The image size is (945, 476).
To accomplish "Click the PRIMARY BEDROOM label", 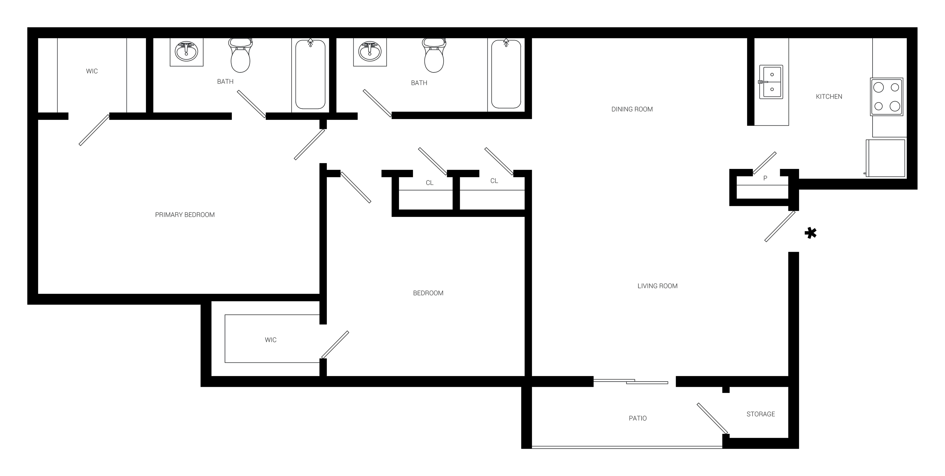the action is click(185, 215).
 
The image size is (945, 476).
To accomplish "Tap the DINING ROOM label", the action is click(632, 109).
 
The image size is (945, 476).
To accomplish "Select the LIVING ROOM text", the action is click(657, 286).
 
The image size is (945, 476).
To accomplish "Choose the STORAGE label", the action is click(760, 414).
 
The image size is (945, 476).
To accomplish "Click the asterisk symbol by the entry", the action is click(810, 233).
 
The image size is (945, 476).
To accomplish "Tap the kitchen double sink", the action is click(771, 82).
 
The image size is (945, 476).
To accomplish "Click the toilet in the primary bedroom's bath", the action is click(240, 55).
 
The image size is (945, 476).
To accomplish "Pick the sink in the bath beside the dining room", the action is click(370, 52).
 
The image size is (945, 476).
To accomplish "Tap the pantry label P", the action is click(765, 178).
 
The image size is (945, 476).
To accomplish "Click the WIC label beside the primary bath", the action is click(92, 71).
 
